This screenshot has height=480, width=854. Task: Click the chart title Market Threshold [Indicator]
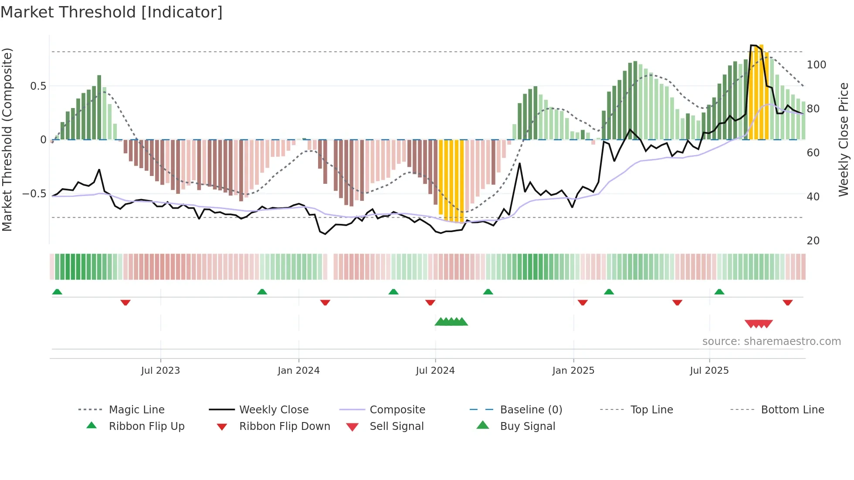(x=112, y=12)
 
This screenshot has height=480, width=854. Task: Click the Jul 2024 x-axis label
(x=435, y=371)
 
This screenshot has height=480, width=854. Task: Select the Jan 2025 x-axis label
(x=573, y=371)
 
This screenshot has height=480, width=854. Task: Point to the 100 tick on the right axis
(x=816, y=65)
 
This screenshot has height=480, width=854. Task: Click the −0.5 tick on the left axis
(x=34, y=194)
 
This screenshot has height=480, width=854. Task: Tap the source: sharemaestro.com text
(x=771, y=341)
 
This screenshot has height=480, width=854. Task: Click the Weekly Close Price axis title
(x=844, y=139)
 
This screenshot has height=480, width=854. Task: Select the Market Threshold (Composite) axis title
(x=7, y=139)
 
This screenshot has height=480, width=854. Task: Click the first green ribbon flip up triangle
(x=57, y=292)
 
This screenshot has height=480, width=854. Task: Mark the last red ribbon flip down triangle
(x=787, y=302)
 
